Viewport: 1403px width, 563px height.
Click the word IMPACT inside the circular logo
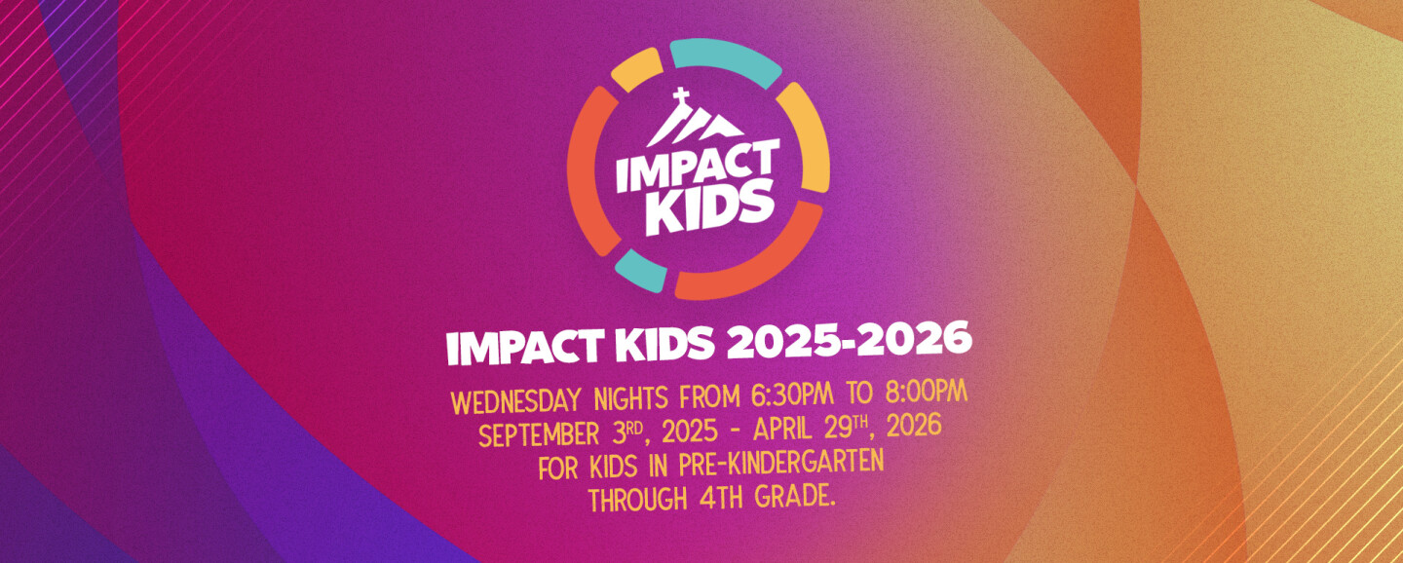coord(698,166)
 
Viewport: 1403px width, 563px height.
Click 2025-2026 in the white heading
coord(850,340)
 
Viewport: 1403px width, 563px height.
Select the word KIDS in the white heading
coord(665,345)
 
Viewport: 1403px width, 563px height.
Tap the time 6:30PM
coord(792,395)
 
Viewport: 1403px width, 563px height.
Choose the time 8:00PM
coord(927,393)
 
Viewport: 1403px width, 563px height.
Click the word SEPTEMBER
coord(539,435)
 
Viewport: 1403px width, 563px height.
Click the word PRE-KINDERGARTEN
coord(780,464)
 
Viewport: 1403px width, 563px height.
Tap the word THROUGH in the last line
coord(637,499)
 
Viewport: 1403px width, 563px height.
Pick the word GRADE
coord(795,496)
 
